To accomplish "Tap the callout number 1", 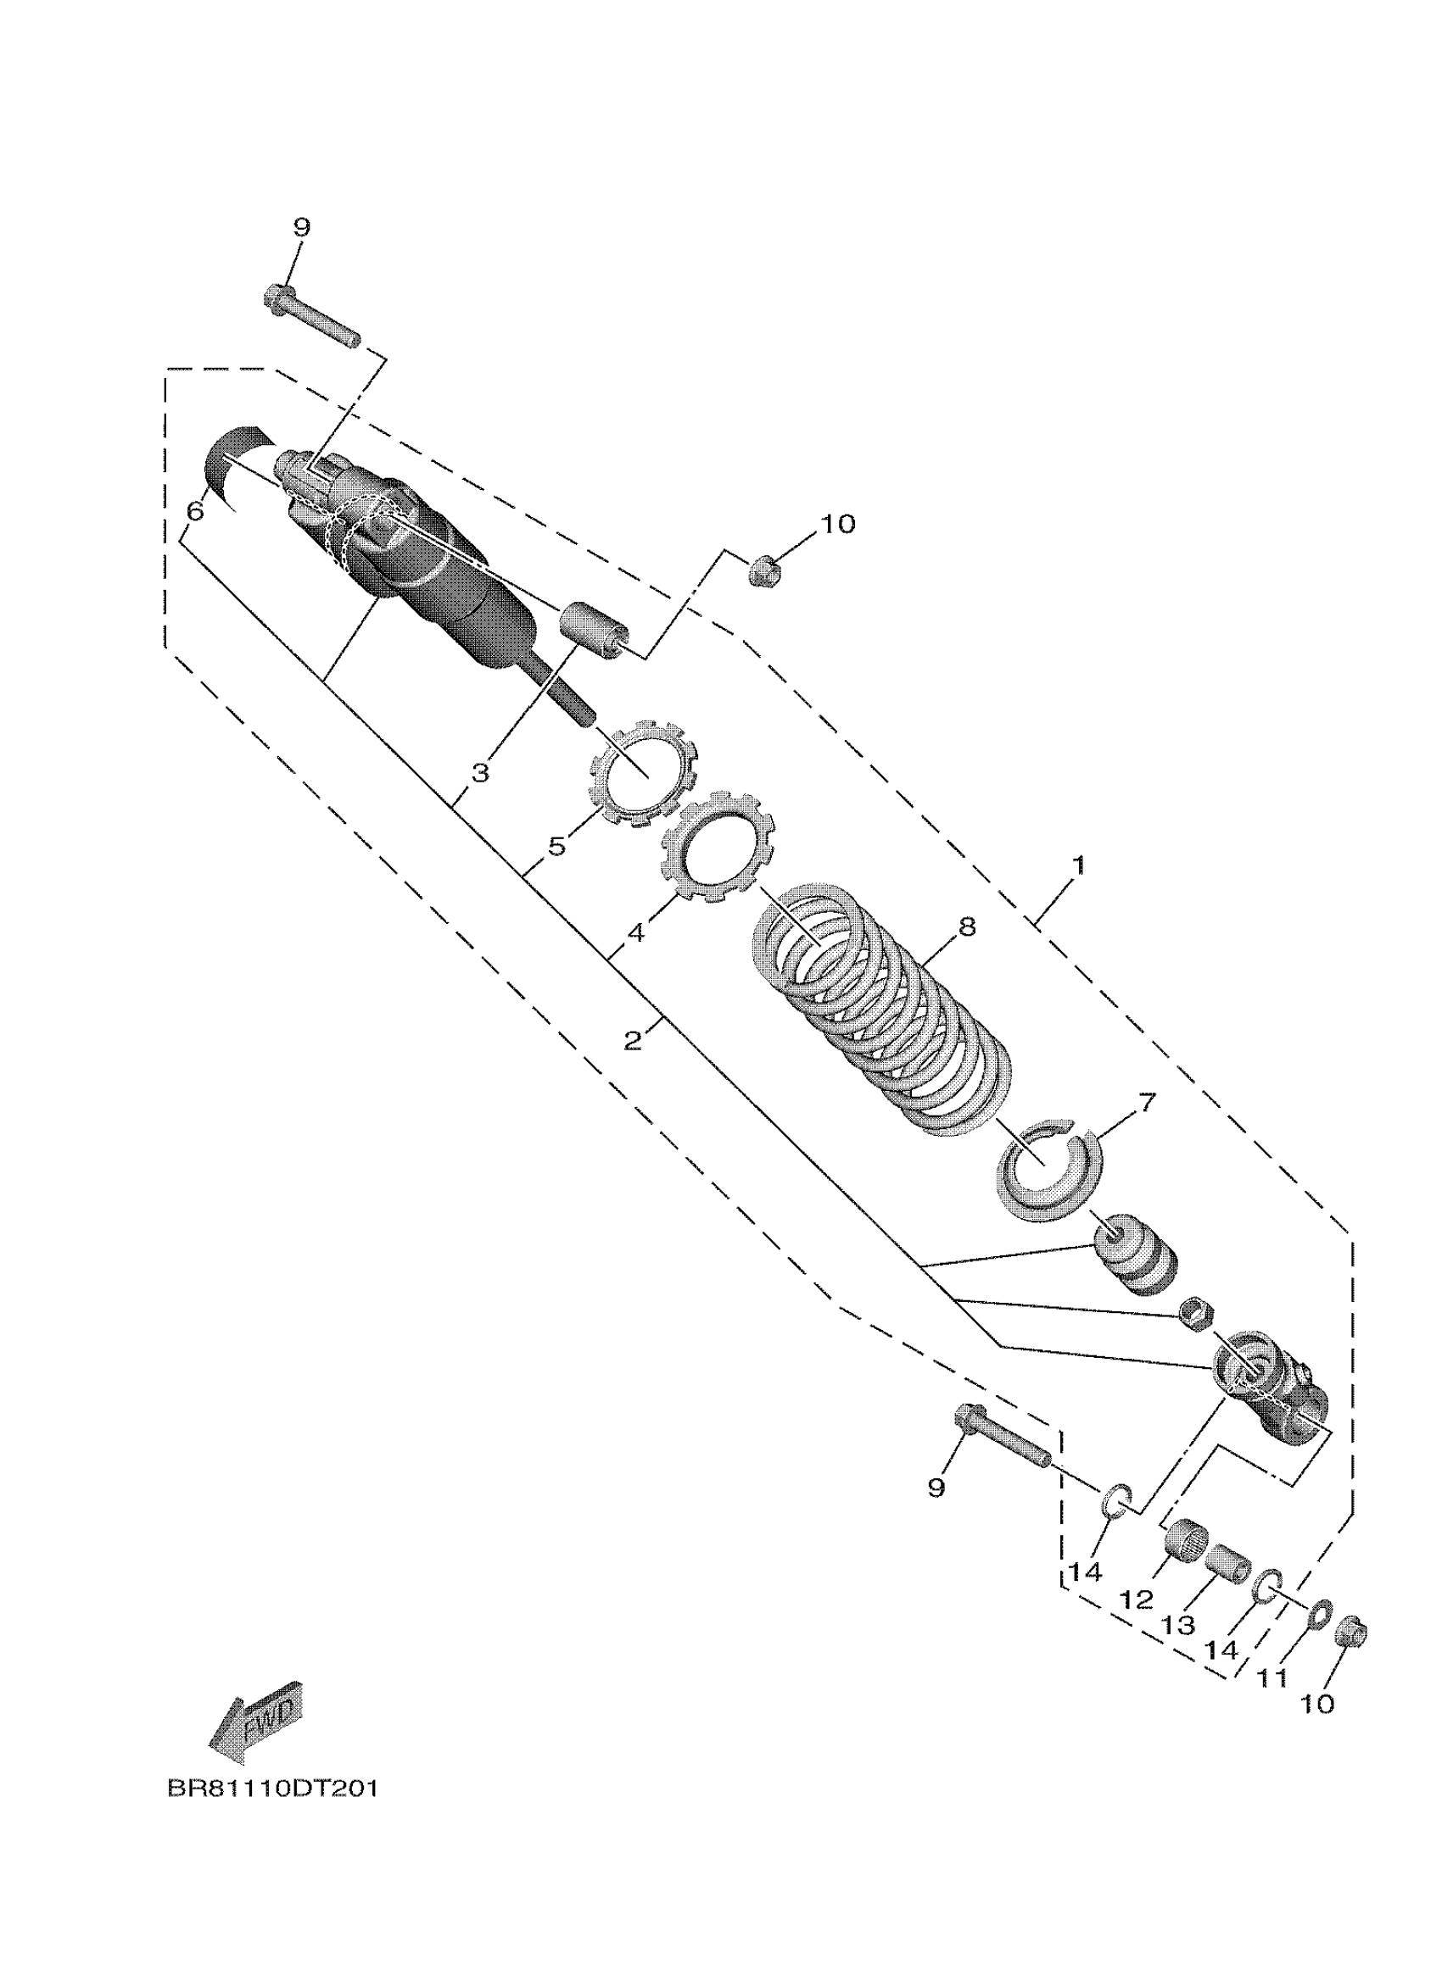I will [1078, 865].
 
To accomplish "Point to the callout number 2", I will [634, 1039].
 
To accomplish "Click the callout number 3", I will [480, 773].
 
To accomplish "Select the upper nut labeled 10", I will [764, 570].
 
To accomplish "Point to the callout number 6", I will [194, 509].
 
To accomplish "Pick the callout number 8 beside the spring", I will [966, 926].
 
